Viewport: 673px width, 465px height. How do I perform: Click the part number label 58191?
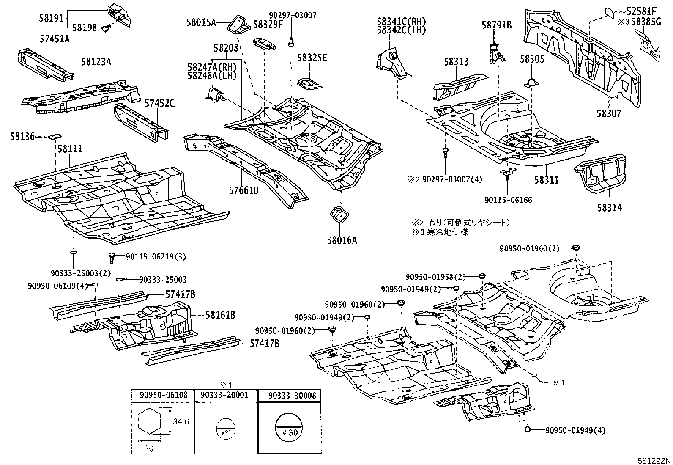click(x=51, y=18)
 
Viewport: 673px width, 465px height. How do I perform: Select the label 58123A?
click(x=96, y=62)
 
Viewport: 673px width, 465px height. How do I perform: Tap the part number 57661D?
click(x=243, y=190)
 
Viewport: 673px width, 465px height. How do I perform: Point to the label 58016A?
click(x=342, y=240)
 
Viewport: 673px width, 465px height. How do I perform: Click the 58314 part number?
click(x=609, y=208)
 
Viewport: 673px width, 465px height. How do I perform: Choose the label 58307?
click(x=609, y=113)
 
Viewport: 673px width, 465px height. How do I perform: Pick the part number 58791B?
click(x=496, y=25)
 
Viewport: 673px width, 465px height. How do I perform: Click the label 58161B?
click(x=220, y=315)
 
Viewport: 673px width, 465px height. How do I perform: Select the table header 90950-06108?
click(x=162, y=395)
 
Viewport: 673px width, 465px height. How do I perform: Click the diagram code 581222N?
click(x=654, y=460)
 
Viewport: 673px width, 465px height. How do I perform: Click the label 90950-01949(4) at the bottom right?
click(x=575, y=430)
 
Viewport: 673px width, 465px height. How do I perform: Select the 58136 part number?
click(x=22, y=136)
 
